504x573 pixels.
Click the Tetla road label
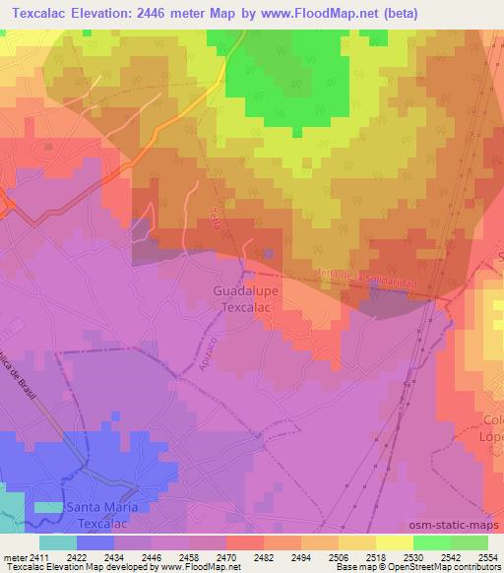pos(215,219)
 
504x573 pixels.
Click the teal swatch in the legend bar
pos(58,542)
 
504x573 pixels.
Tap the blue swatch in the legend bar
pos(95,542)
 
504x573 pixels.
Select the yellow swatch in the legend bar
pos(395,542)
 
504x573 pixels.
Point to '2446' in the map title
pos(146,13)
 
